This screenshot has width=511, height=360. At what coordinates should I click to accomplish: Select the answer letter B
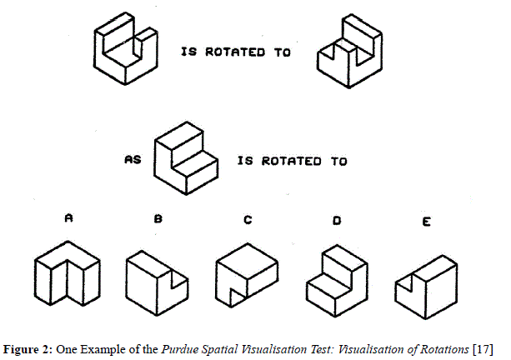coord(158,220)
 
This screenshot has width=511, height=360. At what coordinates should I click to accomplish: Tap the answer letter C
coord(248,220)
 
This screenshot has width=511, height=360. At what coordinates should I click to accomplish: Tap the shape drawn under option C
coord(247,274)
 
